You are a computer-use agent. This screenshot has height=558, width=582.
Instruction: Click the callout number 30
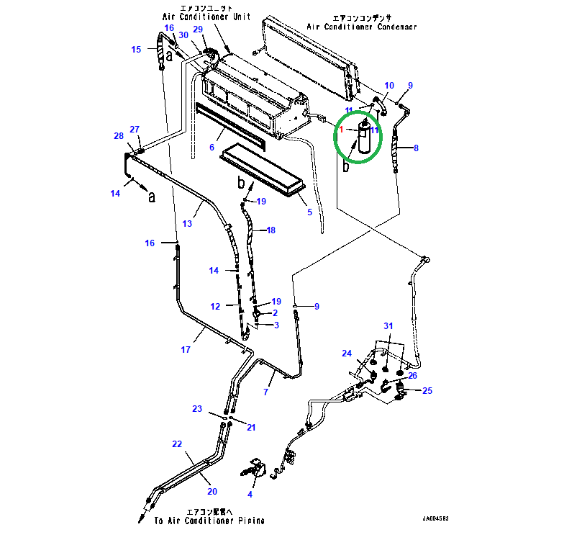[183, 35]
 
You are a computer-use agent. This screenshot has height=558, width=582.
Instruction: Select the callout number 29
[199, 29]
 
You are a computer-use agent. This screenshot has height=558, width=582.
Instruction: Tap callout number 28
[119, 135]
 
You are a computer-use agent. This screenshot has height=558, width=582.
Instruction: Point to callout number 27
[134, 130]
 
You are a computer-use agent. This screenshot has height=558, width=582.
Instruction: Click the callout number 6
[212, 148]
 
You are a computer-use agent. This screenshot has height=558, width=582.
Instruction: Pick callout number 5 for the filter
[309, 212]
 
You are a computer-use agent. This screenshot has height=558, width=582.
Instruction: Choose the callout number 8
[415, 149]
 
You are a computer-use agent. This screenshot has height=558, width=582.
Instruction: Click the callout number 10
[389, 86]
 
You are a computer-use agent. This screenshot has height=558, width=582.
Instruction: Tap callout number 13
[186, 224]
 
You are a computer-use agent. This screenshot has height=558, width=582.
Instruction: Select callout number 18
[271, 230]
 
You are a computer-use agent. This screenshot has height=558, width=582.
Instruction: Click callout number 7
[265, 392]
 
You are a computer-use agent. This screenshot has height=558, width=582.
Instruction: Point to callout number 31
[388, 326]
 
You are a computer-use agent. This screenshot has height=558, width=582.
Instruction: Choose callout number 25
[427, 391]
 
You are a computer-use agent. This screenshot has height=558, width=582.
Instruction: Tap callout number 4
[250, 494]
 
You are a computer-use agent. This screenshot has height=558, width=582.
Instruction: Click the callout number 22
[177, 444]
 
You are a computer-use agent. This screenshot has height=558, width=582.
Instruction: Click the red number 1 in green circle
[341, 130]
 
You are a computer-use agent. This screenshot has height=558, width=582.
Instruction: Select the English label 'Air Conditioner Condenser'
[362, 27]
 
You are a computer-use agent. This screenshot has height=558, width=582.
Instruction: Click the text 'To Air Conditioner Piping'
[209, 521]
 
